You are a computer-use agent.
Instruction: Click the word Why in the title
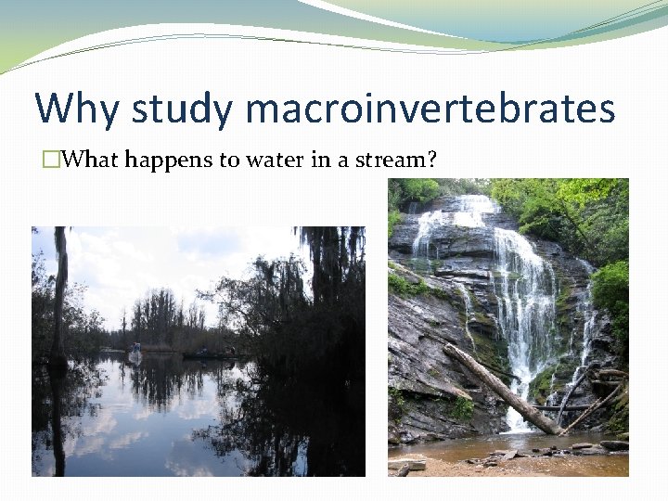[x=77, y=109]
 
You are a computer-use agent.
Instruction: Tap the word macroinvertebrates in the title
[x=430, y=109]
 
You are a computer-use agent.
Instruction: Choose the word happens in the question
[x=170, y=161]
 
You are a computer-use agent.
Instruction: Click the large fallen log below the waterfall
[x=501, y=388]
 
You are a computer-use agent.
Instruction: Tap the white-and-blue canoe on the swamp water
[x=135, y=353]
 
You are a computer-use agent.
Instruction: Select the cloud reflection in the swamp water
[x=121, y=427]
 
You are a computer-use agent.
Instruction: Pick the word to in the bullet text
[x=228, y=160]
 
